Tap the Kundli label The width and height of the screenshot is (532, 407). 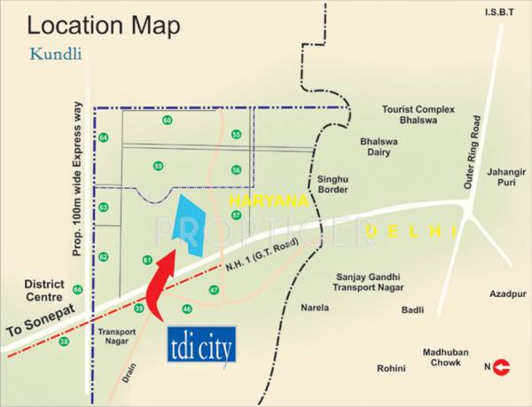[x=56, y=53]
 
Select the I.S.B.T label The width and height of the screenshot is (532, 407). [x=499, y=12]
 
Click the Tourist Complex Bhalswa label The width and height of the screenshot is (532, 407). [x=418, y=114]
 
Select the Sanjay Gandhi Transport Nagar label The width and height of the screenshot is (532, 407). [x=368, y=282]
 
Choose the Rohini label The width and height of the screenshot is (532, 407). [x=390, y=368]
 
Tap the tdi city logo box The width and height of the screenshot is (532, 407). [x=201, y=347]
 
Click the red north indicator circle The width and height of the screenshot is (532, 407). [x=503, y=365]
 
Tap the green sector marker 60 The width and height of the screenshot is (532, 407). [x=167, y=120]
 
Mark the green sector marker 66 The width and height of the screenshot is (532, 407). [x=77, y=290]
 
